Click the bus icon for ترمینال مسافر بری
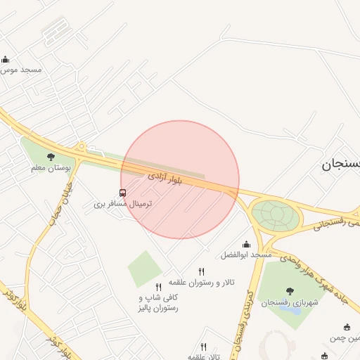click(123, 193)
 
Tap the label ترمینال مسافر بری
click(123, 204)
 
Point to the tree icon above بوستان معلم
click(50, 157)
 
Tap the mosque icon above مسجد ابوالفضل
click(246, 243)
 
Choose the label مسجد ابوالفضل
click(246, 255)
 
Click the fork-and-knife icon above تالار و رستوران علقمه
click(202, 271)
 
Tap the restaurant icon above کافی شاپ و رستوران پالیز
click(158, 287)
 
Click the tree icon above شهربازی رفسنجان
click(290, 290)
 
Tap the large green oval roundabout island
click(275, 215)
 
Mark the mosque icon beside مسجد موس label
click(6, 60)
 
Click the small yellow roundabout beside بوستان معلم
click(82, 148)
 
